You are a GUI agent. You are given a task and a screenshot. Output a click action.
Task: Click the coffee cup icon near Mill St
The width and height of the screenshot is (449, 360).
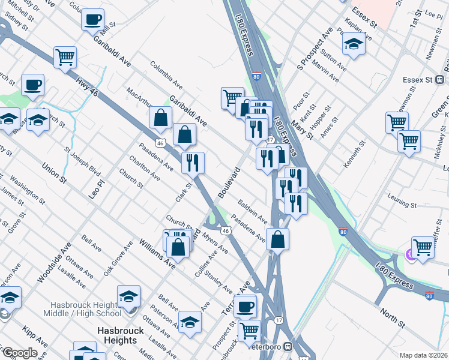pos(93,19)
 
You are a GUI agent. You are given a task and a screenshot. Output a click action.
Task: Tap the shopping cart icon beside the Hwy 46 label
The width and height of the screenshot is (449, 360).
pos(65,58)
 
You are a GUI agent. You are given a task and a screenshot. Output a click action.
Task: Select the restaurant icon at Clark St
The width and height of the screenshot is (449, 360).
pos(193,162)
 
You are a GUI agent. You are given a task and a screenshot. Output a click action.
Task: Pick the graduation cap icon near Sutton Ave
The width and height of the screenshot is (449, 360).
pos(354,43)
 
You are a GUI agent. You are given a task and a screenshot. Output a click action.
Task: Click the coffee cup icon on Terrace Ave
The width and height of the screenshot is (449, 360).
pos(245,307)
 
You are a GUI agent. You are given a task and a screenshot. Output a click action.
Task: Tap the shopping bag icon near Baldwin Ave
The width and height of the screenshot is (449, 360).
pos(277,239)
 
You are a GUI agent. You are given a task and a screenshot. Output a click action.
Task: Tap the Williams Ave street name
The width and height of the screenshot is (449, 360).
pos(157,253)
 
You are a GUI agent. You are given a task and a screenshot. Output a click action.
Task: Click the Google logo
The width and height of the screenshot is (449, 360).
pos(19,353)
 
